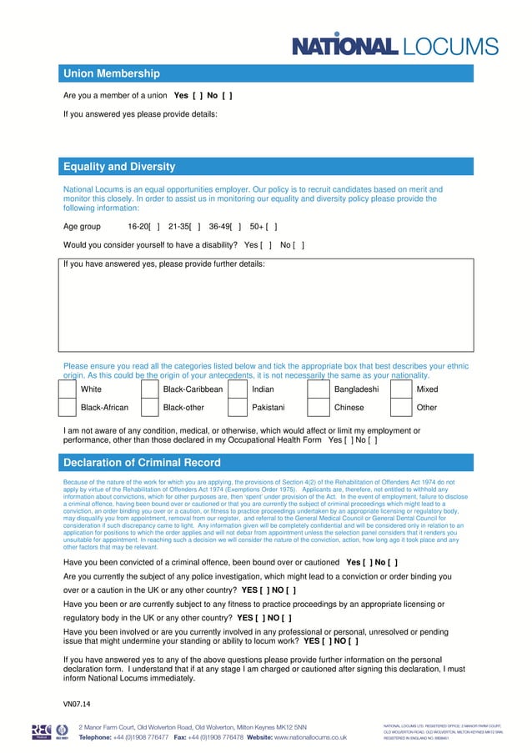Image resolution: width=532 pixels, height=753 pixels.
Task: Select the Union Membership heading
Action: [112, 74]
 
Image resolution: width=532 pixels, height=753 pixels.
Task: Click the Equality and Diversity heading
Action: [119, 167]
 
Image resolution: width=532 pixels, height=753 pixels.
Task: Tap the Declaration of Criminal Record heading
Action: [142, 463]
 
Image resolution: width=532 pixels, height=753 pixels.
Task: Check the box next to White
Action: [67, 389]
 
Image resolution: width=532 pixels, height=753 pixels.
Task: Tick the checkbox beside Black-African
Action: [67, 408]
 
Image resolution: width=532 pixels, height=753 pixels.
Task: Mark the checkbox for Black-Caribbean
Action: [150, 389]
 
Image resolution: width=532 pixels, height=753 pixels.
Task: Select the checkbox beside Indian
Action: [238, 389]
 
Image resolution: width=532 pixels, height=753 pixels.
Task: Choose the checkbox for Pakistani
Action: [238, 408]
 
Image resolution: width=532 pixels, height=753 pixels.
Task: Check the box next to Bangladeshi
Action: [319, 389]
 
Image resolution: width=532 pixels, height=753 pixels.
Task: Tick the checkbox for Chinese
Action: [319, 408]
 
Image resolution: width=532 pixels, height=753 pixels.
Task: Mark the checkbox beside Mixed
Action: [401, 389]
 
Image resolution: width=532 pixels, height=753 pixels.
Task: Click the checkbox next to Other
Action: [401, 408]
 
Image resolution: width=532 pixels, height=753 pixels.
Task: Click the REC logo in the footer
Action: [42, 731]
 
